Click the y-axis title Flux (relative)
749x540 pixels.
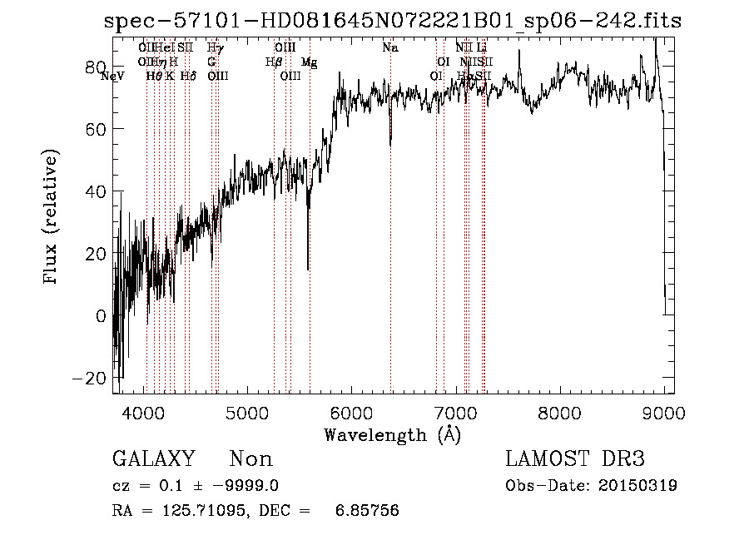(x=52, y=218)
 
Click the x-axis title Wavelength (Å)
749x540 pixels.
(x=392, y=434)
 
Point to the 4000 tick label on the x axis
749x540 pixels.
(x=145, y=413)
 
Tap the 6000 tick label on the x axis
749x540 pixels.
(x=351, y=413)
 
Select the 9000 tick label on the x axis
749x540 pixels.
(x=662, y=413)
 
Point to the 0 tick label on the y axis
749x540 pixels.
(x=101, y=315)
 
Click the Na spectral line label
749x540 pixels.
(x=389, y=47)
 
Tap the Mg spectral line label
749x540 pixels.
(x=309, y=62)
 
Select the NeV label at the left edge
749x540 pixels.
(x=112, y=77)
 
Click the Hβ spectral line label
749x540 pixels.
(x=273, y=62)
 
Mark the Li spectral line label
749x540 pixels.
(x=481, y=47)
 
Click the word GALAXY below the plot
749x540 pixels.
(x=153, y=459)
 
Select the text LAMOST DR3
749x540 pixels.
(x=575, y=459)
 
